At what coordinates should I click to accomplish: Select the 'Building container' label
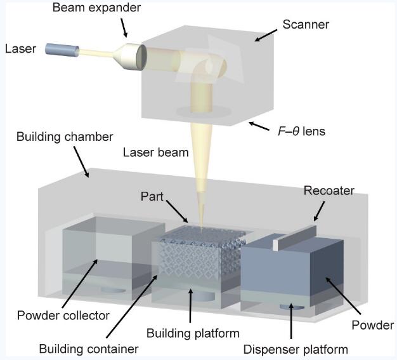click(89, 348)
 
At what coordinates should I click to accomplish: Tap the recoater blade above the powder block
click(298, 236)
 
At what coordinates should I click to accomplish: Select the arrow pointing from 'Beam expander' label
click(124, 27)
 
